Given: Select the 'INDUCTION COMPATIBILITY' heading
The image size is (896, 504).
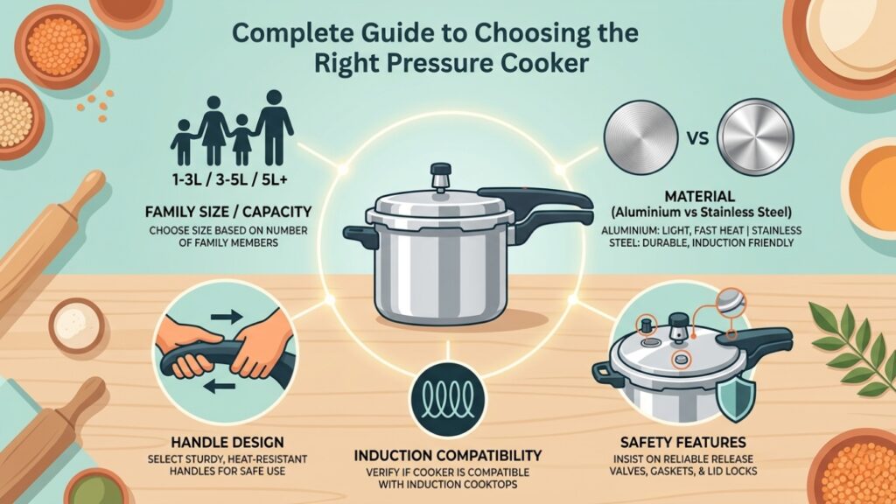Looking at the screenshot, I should point(448,456).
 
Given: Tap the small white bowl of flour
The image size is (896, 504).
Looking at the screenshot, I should point(74,325).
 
